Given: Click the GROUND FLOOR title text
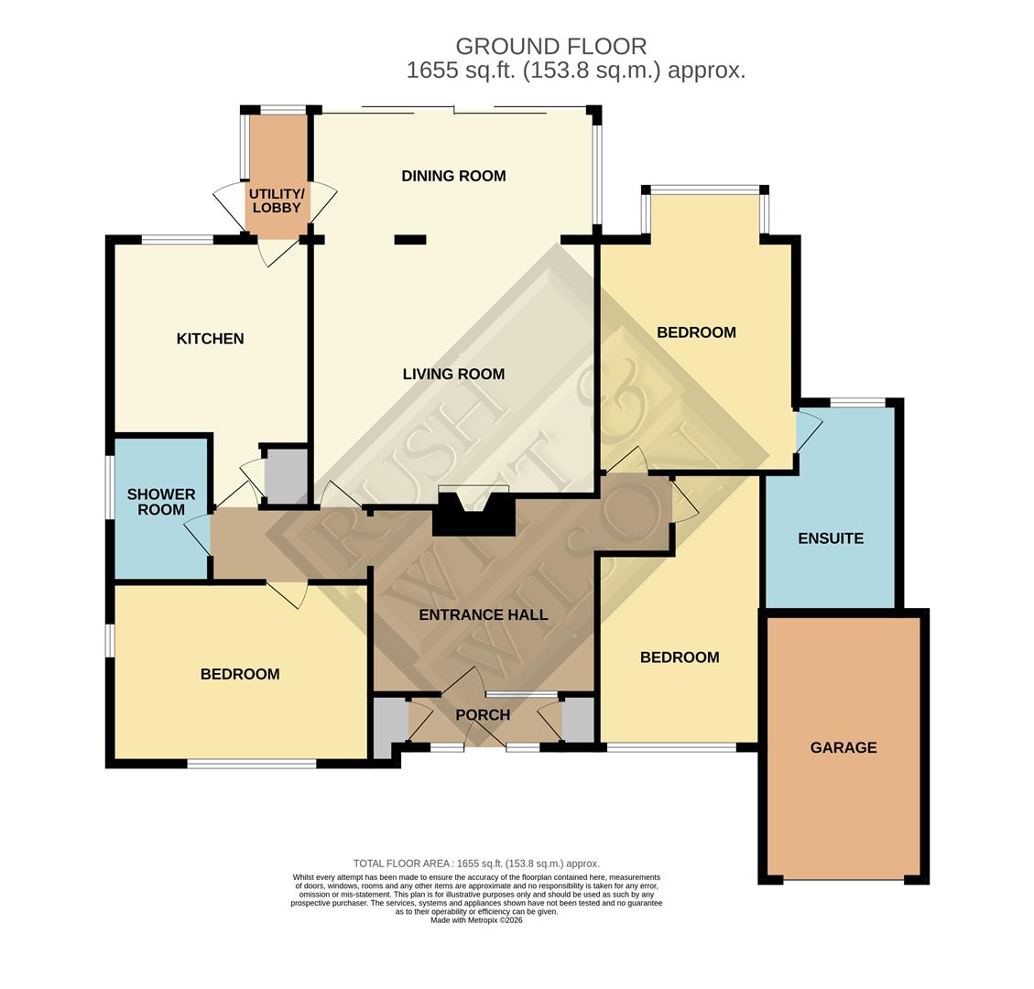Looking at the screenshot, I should (550, 46).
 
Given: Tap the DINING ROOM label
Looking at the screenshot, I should (453, 176).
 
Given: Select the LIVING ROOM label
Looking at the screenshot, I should (453, 374).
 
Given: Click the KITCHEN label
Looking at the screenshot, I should (210, 339).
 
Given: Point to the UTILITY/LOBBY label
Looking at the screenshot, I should (277, 201).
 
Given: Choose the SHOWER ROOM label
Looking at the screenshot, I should (161, 502).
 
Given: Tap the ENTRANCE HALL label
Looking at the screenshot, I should (483, 614).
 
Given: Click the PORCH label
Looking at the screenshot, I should (483, 714).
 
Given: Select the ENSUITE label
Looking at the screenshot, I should (830, 538).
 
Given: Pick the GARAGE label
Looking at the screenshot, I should (843, 747).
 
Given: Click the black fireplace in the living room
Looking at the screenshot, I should (473, 516).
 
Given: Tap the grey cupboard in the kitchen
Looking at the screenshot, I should (286, 474).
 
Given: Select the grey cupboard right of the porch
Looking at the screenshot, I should (578, 721).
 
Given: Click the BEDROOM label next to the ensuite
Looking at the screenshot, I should (696, 332).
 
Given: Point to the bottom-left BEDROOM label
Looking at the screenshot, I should (240, 674).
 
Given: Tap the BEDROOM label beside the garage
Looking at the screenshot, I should (679, 658).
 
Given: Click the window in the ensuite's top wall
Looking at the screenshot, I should (857, 402).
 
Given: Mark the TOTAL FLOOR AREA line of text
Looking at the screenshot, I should (476, 864).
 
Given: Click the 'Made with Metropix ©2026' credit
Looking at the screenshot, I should (476, 919).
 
